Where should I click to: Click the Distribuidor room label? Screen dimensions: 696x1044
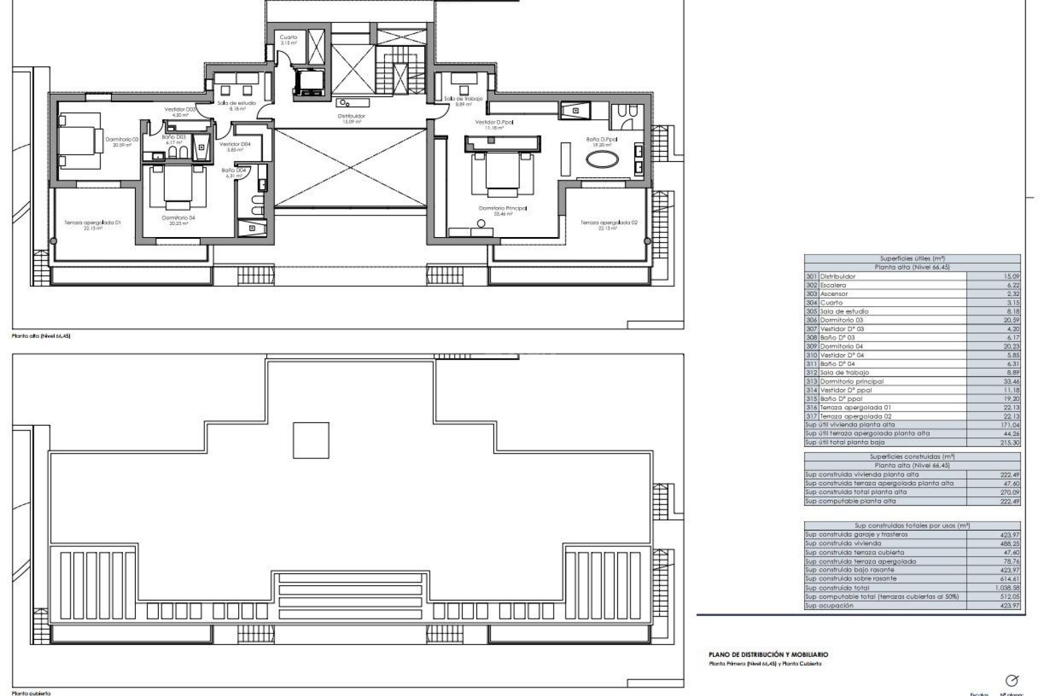pos(351,116)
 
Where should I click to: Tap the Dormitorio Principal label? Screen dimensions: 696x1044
pos(502,209)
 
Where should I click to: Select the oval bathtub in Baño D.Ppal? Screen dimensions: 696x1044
pos(601,160)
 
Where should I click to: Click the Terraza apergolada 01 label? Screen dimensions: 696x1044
pos(92,223)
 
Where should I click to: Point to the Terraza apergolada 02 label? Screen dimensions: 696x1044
pos(608,223)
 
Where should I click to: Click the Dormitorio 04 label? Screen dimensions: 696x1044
pos(178,219)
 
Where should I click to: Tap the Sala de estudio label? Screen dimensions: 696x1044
pos(237,103)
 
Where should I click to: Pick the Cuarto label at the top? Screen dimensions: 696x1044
pos(288,38)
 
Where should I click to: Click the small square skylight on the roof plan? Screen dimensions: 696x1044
pos(311,440)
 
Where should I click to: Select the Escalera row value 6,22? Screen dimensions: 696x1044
pos(1012,285)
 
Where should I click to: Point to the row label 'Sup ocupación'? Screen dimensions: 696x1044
pos(829,605)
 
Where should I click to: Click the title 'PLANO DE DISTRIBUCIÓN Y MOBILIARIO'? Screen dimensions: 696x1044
pos(768,655)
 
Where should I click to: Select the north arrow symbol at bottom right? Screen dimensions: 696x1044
pos(1011,680)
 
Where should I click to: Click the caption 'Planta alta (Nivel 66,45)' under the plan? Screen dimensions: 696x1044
pos(41,336)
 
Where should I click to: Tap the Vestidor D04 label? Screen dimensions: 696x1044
pos(235,145)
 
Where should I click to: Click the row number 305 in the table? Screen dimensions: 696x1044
pos(811,312)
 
